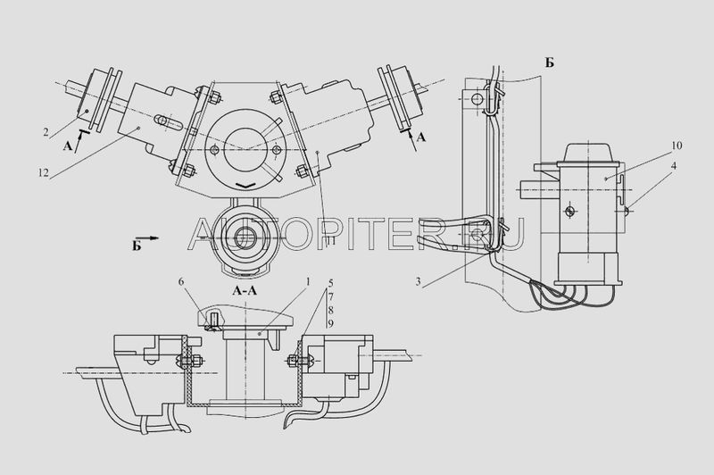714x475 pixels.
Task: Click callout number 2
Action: [46, 132]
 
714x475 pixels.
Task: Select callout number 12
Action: [43, 172]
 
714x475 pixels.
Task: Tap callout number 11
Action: [330, 239]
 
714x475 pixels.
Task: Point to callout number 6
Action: [181, 282]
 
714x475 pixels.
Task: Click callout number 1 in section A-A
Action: [308, 282]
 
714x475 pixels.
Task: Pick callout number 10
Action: [677, 146]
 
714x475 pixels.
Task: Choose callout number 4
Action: [674, 166]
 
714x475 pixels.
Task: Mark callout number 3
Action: [418, 282]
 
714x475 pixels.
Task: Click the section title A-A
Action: [245, 290]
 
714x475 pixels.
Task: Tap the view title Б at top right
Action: [550, 62]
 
